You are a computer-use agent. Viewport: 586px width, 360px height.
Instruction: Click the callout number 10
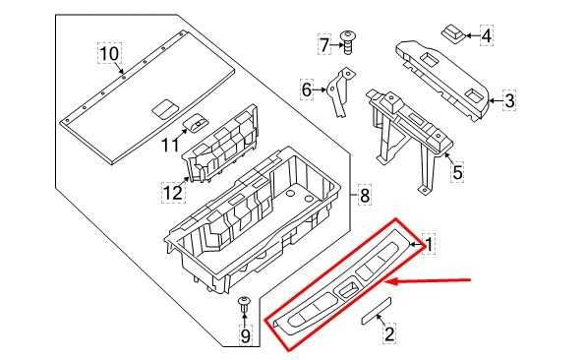(108, 51)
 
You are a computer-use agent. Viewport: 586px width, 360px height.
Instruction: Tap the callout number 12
(172, 192)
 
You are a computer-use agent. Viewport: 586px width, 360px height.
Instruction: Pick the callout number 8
(364, 196)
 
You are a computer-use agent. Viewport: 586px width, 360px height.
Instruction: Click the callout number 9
(245, 337)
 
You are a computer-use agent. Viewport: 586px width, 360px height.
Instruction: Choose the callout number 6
(306, 90)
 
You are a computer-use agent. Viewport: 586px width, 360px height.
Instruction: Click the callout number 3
(508, 98)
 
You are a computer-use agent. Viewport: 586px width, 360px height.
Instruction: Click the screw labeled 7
(347, 40)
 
